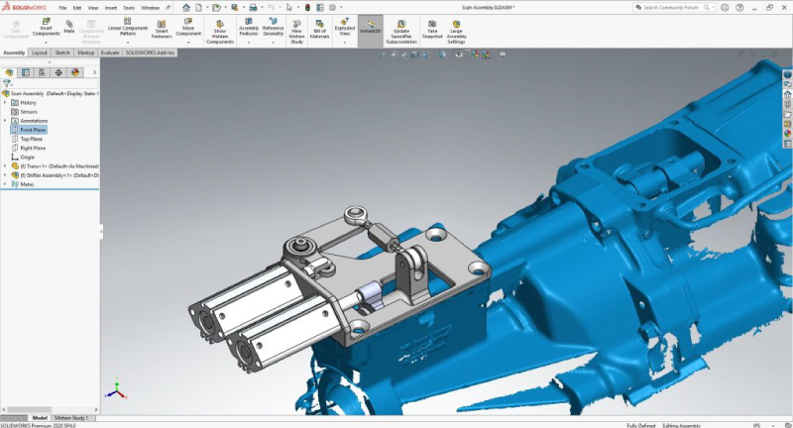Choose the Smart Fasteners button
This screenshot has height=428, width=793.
pos(162,27)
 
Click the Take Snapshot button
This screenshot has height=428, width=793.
pos(432,27)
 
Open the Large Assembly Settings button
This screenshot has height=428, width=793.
pos(456,30)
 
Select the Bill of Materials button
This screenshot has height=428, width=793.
pos(319,27)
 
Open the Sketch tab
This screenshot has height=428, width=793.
pos(62,53)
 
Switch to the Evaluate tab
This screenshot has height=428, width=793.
pos(110,53)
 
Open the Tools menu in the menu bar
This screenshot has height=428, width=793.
pos(128,7)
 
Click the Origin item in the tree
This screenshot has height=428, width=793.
pos(27,157)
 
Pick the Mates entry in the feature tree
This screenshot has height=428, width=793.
pos(27,183)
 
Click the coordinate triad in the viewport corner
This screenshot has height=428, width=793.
pos(117,389)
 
